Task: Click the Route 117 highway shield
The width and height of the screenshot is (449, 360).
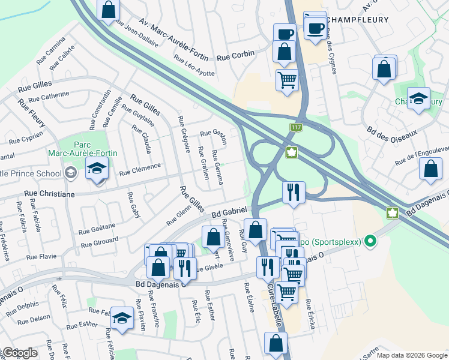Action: point(295,128)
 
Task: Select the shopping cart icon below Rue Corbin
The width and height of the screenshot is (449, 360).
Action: point(288,79)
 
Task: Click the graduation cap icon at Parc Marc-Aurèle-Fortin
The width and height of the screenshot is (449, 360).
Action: point(97,170)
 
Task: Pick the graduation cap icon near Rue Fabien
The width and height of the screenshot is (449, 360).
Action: point(122,319)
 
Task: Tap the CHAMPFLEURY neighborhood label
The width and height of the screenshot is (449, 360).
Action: point(358,20)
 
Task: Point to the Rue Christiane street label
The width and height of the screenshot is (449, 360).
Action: point(49,194)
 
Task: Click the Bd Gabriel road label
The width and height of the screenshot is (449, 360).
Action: point(229,213)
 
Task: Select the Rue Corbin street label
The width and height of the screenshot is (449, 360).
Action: point(235,54)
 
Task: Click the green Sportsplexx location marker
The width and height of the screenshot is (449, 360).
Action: point(370,242)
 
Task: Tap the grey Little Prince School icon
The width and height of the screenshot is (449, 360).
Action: point(71,174)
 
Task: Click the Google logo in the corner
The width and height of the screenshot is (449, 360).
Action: point(20,353)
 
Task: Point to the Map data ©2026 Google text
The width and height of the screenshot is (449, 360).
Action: point(412,355)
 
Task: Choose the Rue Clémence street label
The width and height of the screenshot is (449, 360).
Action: point(140,169)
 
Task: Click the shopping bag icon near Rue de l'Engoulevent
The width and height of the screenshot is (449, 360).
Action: point(430,170)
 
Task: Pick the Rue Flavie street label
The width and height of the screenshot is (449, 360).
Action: point(41,257)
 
